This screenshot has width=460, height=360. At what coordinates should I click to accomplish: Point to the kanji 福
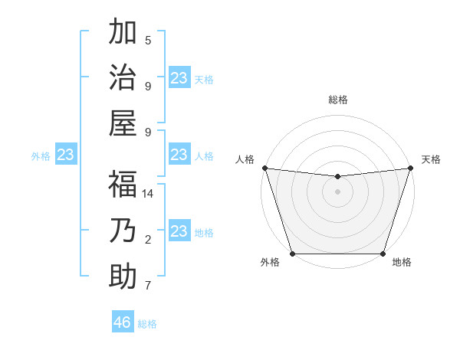pos(123,184)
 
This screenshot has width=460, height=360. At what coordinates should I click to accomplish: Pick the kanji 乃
pos(123,230)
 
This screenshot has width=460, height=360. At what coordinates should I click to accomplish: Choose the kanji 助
pos(123,276)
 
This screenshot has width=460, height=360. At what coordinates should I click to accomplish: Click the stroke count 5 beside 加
pos(148,40)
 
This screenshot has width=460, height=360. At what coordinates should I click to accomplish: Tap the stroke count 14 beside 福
pos(148,194)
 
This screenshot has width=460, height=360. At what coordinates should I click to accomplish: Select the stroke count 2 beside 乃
pos(148,240)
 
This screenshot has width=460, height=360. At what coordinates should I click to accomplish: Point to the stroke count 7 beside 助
pos(148,286)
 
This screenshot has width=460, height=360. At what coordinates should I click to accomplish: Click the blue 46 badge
pos(123,322)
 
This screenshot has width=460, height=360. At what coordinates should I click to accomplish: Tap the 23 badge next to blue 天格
pos(179,78)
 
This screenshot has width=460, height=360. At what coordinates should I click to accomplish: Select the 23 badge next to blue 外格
pos(66,155)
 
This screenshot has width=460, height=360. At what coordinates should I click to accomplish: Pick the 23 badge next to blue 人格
pos(179,155)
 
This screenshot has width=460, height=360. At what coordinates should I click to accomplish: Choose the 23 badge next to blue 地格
pos(179,231)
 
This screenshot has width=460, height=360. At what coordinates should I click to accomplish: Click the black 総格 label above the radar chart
pos(337,100)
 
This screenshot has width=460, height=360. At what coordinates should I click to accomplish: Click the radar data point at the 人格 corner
pos(264,168)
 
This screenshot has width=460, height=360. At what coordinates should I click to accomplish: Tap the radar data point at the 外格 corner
pos(292,254)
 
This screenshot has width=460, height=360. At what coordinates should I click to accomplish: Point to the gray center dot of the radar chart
pos(337,191)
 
